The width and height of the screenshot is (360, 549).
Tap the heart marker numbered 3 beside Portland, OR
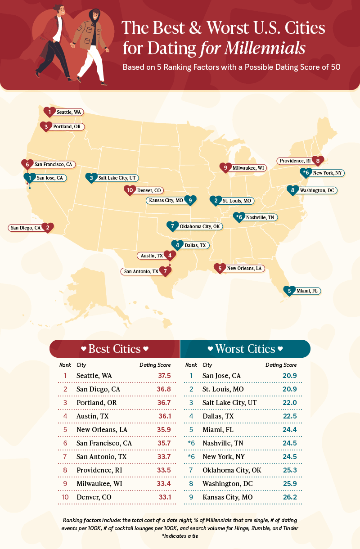[x=46, y=127]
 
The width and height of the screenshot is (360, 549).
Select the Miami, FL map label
[x=307, y=291]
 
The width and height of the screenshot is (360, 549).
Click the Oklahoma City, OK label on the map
[x=200, y=226]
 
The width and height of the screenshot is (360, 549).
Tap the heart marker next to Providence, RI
[x=319, y=161]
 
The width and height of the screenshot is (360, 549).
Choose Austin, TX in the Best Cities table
[x=92, y=416]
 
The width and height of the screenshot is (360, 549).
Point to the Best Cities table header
[x=114, y=349]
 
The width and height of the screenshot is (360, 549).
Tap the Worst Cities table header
[x=245, y=349]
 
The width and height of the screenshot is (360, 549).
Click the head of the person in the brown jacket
[x=95, y=16]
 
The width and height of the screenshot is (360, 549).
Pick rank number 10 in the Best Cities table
[x=65, y=497]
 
